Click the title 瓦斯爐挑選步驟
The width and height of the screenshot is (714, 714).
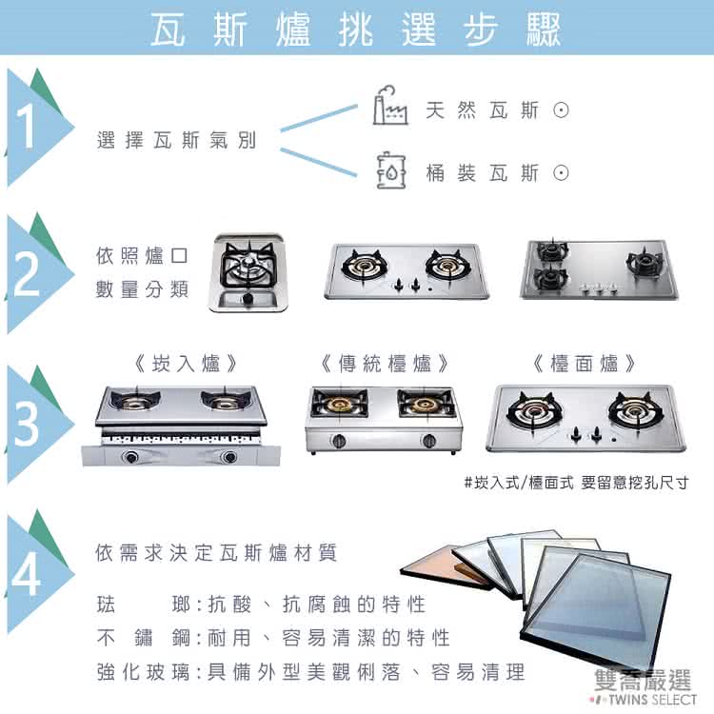pyautogui.click(x=356, y=29)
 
